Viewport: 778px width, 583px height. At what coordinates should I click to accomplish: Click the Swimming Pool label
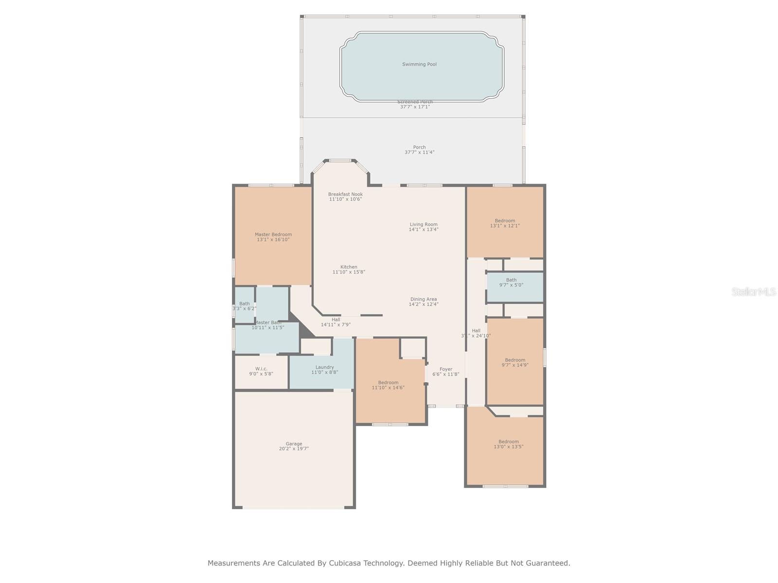(419, 64)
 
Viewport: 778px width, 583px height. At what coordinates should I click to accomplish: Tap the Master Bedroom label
(273, 235)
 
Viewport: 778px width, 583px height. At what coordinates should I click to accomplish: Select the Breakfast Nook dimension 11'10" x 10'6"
(345, 199)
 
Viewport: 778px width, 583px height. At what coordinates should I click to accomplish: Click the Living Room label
(424, 224)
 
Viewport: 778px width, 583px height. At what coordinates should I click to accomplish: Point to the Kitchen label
(349, 267)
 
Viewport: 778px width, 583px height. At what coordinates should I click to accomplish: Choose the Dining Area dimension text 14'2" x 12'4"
(424, 305)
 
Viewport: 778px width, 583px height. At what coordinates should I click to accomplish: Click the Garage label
(294, 444)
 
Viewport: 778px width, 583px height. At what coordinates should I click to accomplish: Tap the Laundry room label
(324, 367)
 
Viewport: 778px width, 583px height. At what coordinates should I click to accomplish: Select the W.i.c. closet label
(261, 369)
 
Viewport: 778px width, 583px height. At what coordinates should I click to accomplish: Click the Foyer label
(446, 369)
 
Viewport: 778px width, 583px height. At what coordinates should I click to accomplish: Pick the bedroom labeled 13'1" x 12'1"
(505, 223)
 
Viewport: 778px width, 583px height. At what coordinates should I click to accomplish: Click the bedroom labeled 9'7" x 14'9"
(515, 362)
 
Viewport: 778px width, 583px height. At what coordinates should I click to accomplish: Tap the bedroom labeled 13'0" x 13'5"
(509, 444)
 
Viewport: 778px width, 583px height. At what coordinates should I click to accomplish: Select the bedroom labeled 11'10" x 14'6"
(388, 385)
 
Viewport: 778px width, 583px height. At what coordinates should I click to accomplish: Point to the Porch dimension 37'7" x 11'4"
(419, 153)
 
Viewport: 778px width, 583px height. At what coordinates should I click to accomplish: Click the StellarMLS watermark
(754, 291)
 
